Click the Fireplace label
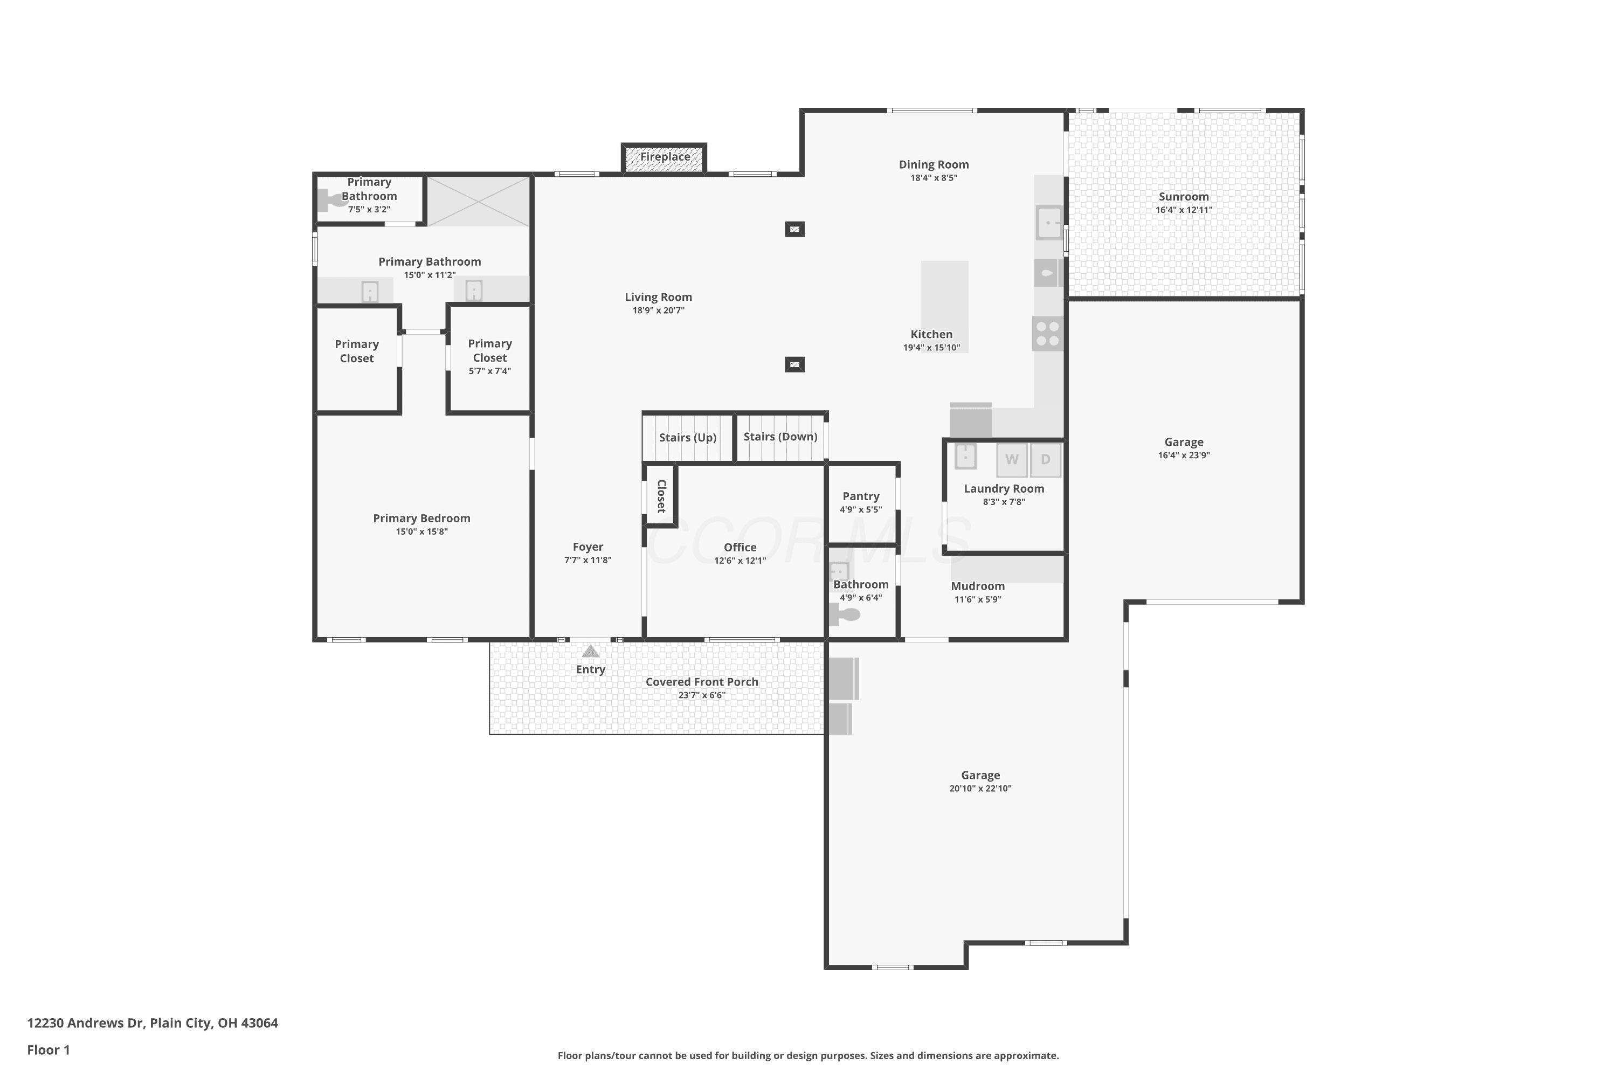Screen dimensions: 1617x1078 click(665, 157)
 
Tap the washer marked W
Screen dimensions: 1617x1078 click(1011, 460)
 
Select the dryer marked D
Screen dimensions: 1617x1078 click(1046, 460)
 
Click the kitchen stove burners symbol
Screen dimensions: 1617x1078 click(1048, 334)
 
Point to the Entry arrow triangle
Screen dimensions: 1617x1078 click(591, 651)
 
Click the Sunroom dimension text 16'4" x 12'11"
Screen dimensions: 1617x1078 click(1184, 210)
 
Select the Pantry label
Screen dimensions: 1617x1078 click(861, 496)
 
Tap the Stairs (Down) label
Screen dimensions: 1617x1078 click(780, 437)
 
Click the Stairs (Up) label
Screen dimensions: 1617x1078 click(688, 437)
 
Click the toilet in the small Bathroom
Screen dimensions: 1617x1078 click(844, 614)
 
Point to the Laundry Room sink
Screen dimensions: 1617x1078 click(965, 456)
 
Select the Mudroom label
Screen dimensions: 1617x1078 click(978, 586)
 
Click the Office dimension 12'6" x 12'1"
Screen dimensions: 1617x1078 click(740, 561)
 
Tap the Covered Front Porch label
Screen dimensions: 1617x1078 click(702, 682)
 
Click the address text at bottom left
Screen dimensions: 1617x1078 click(153, 1023)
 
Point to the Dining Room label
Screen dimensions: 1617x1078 click(934, 164)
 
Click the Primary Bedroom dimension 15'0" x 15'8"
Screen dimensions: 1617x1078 click(421, 531)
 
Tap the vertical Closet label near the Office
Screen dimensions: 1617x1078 click(661, 496)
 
